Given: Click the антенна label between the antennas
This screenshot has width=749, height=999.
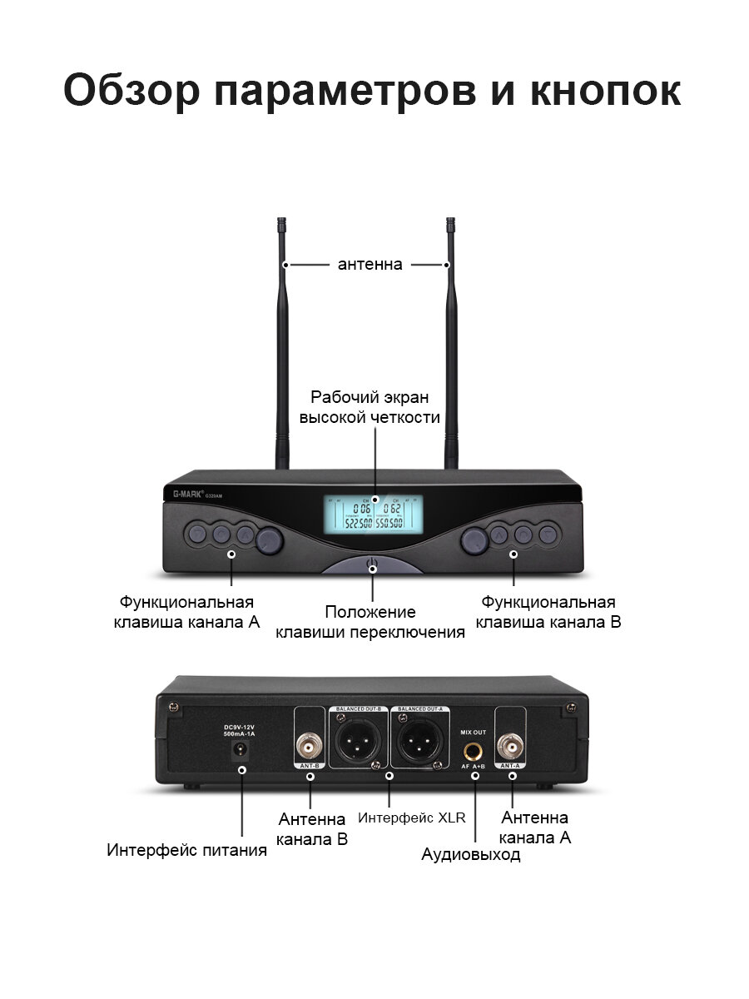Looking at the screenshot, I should (x=370, y=265).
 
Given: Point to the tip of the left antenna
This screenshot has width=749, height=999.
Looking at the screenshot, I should (x=282, y=221).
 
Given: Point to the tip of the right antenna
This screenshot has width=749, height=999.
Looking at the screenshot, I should (x=451, y=221).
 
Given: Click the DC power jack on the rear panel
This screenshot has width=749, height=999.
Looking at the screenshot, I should (x=242, y=751).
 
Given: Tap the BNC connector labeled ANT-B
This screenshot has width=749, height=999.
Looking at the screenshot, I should (x=310, y=743).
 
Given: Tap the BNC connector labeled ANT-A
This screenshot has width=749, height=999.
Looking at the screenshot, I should (x=509, y=743).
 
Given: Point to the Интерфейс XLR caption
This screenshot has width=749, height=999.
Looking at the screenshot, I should (x=411, y=818).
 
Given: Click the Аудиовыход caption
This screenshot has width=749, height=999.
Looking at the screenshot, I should (x=470, y=854).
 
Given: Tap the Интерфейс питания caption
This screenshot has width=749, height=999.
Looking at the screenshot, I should (x=186, y=850).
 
